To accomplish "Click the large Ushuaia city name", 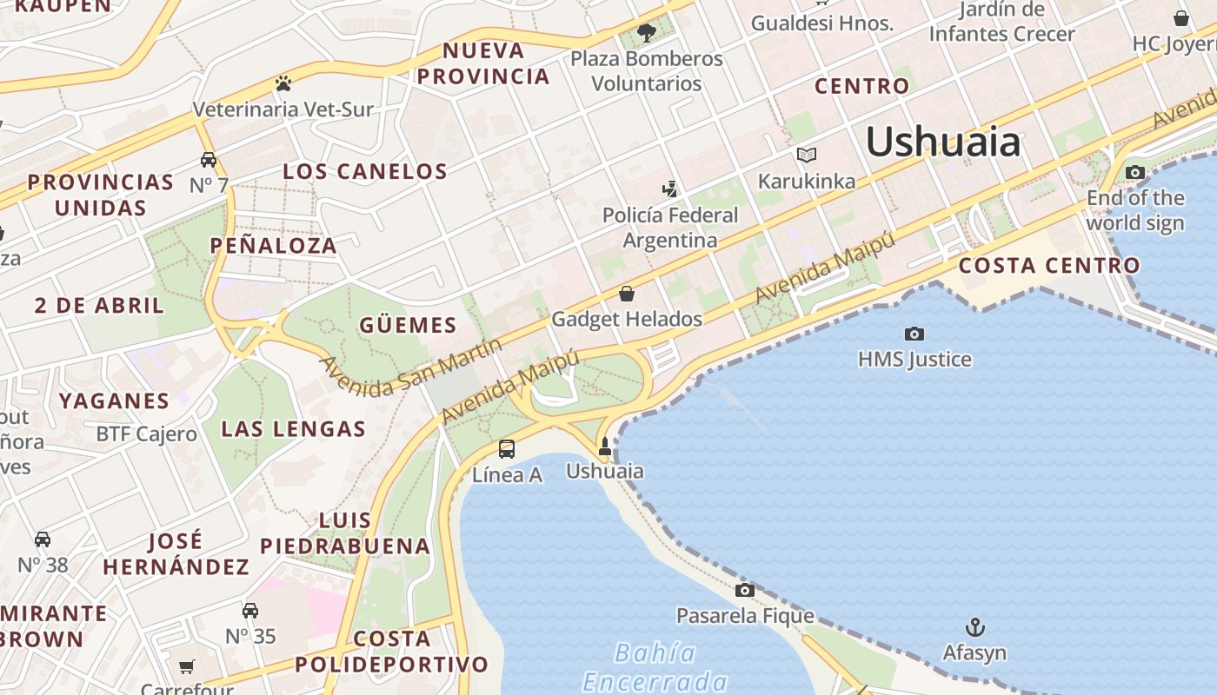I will tap(943, 142).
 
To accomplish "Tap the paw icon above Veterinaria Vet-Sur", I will tap(283, 84).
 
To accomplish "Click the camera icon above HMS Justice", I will tap(914, 334).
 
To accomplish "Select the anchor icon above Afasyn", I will tap(975, 627).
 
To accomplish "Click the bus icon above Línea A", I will tap(507, 449).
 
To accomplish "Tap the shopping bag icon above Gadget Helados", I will tap(627, 294).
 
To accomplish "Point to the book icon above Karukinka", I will tap(807, 156).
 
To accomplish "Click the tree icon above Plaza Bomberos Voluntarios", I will tap(646, 33).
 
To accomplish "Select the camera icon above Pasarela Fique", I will tap(745, 591).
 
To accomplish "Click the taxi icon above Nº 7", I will tap(209, 160).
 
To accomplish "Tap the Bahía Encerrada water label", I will tap(655, 666).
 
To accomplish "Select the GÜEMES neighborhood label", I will tap(408, 326).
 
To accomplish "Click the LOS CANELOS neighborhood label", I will tap(365, 171).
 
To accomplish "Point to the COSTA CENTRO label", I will tap(1049, 266).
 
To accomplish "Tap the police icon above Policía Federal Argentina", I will tap(669, 189).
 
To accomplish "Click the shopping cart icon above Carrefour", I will tap(187, 667).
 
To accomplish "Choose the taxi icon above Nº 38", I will tap(42, 539).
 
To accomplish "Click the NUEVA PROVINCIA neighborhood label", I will tap(483, 63).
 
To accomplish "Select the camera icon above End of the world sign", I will tap(1134, 172).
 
